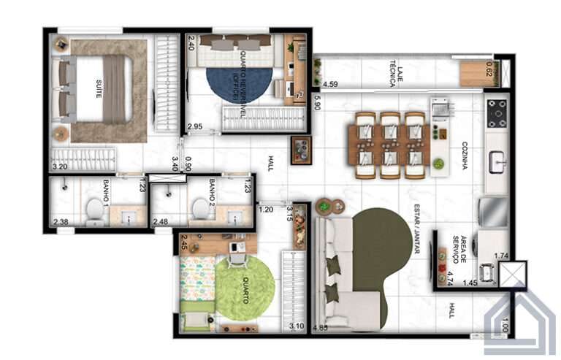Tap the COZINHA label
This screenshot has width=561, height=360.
click(465, 155)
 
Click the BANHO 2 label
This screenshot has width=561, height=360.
click(213, 190)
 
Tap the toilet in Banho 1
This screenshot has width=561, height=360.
click(94, 210)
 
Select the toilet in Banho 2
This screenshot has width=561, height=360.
click(199, 210)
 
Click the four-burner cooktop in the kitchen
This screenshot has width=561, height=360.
click(497, 112)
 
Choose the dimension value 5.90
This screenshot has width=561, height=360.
click(317, 102)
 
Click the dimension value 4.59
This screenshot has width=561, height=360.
click(330, 84)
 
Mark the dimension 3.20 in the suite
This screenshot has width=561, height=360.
click(59, 167)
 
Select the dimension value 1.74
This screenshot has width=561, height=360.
click(501, 256)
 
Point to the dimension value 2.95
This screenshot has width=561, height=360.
click(194, 127)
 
